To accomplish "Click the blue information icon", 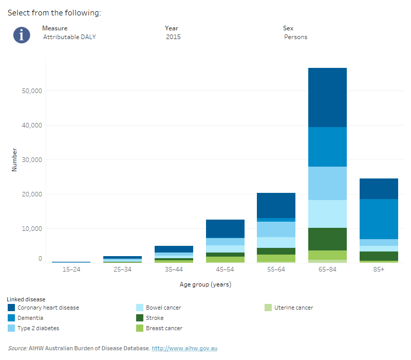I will [22, 35].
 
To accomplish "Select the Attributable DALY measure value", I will [69, 37].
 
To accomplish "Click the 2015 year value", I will [173, 37].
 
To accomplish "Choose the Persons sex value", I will [295, 37].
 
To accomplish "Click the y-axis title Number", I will [14, 160].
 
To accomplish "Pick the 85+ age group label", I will [379, 269].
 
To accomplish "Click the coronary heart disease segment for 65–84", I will [327, 97].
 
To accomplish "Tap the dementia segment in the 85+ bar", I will [379, 219].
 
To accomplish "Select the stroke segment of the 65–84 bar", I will [327, 239].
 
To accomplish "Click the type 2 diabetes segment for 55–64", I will [276, 229].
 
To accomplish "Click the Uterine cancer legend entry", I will [293, 308].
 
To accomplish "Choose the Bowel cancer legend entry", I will [163, 308].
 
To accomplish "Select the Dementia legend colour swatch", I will [11, 318].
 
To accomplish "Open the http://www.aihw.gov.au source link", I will [184, 348].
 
